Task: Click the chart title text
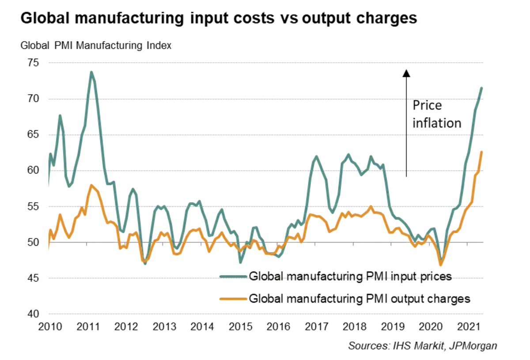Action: coord(219,19)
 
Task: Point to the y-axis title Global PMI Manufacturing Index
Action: coord(95,45)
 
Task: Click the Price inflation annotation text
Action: coord(436,114)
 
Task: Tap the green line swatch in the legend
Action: coord(233,277)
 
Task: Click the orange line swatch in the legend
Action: coord(233,299)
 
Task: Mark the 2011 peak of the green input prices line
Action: coord(91,72)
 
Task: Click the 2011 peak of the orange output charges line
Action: coord(91,185)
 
